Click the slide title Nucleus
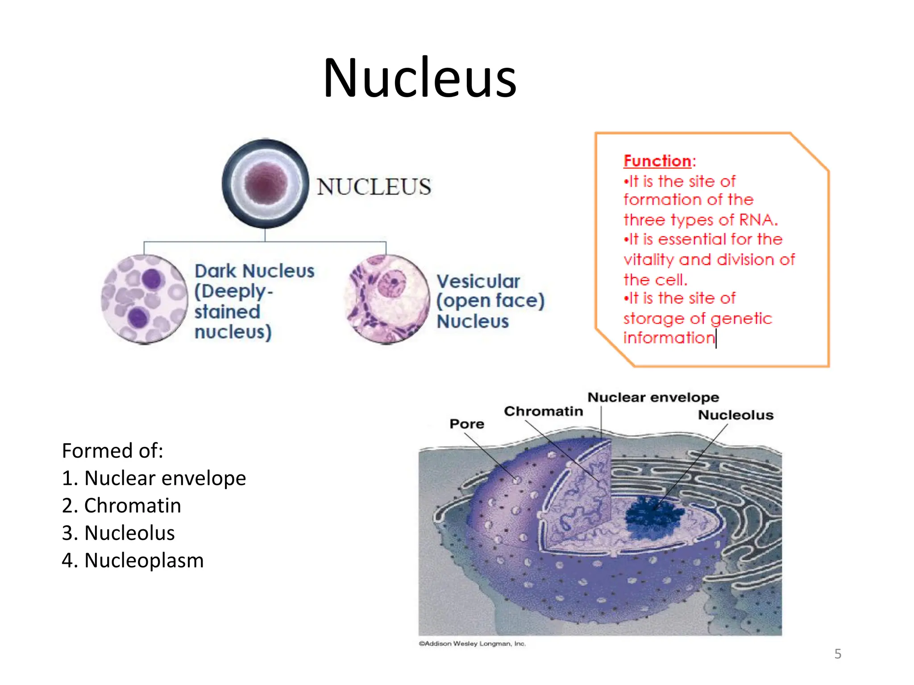coord(420,78)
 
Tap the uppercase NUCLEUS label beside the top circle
coord(374,186)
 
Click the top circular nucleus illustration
coord(265,184)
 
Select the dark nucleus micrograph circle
coord(144,299)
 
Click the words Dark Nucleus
coord(254,271)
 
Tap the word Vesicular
coord(478,281)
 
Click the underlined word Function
coord(657,161)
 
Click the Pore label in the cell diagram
coord(466,424)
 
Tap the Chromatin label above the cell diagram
coord(543,411)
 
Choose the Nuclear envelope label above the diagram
coord(653,397)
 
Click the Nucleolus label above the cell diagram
coord(735,415)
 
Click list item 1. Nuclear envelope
coord(154,478)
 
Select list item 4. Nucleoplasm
coord(133,560)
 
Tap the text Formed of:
coord(112,450)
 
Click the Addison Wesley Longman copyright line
coord(472,644)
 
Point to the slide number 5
coord(838,654)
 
